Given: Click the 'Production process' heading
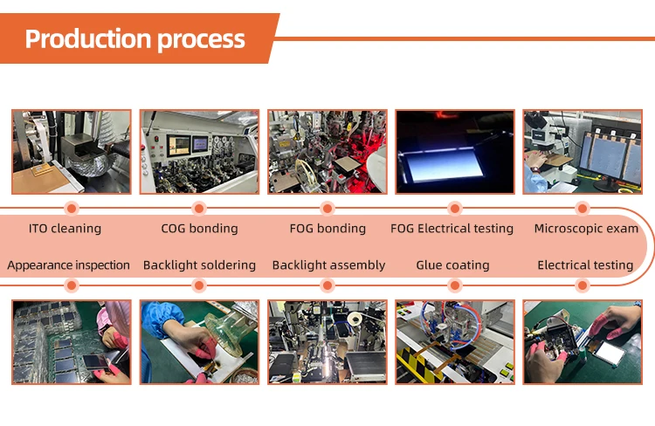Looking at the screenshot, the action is [134, 39].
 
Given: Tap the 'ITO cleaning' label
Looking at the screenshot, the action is [65, 229].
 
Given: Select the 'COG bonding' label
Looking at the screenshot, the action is [199, 229].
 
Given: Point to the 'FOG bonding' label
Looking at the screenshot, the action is [327, 229].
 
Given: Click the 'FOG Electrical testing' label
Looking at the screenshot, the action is [452, 229].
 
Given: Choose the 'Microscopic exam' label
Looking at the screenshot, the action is [586, 229].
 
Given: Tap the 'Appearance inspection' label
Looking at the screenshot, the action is [68, 265].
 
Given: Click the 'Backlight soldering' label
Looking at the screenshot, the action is [199, 265].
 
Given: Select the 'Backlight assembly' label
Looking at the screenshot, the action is [328, 265].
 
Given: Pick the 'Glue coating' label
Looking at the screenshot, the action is [452, 265].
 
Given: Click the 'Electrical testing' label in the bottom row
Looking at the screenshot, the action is [585, 265].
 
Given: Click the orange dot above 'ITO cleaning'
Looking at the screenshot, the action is [72, 208].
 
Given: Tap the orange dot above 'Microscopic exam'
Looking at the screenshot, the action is [583, 208].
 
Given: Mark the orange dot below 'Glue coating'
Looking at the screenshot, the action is [455, 285].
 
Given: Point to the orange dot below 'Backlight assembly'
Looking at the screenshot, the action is [327, 285].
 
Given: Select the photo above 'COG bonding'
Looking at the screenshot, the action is [199, 152].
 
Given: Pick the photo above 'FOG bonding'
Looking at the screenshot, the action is [327, 152].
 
